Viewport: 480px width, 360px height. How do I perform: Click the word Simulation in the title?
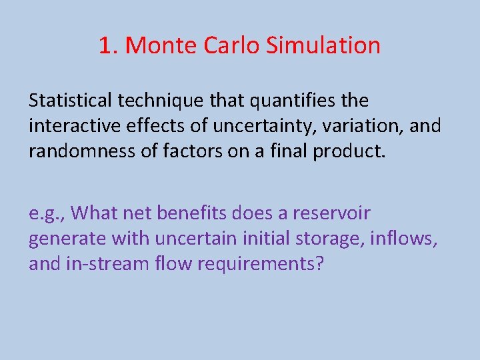[323, 45]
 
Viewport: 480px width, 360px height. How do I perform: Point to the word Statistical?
[71, 101]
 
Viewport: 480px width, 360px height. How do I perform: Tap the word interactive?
[71, 126]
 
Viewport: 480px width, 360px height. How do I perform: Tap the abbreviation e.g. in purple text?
[45, 214]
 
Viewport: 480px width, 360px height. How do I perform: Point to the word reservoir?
[331, 213]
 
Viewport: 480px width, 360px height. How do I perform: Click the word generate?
[67, 239]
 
